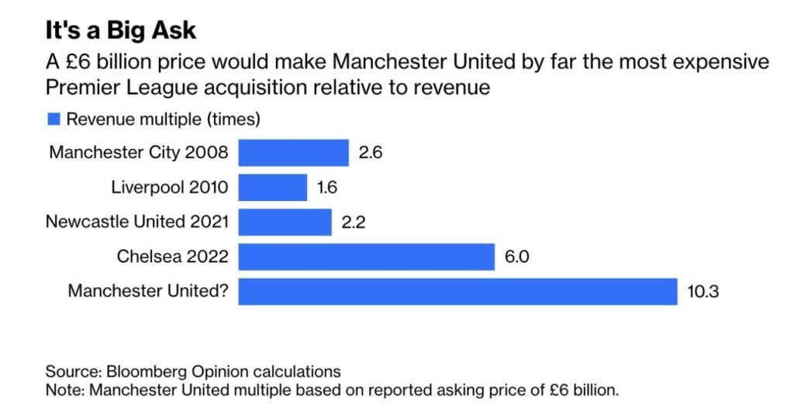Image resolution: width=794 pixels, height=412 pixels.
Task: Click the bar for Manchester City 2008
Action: click(293, 153)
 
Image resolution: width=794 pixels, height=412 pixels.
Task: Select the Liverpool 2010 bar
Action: click(272, 187)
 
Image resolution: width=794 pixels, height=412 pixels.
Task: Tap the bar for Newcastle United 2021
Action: click(285, 222)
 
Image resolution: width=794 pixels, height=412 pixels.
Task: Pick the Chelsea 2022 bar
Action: click(366, 257)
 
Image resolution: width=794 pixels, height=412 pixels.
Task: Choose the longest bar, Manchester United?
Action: click(457, 292)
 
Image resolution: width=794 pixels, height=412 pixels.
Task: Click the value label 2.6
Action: click(371, 153)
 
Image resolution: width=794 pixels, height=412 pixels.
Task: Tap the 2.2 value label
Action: click(353, 223)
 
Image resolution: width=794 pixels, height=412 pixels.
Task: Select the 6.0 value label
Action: click(516, 257)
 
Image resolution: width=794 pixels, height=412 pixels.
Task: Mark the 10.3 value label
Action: click(704, 292)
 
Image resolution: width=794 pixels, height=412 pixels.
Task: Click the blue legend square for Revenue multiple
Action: click(54, 119)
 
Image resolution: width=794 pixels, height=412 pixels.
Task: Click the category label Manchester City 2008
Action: click(139, 153)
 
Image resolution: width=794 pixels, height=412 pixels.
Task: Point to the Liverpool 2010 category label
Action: click(170, 187)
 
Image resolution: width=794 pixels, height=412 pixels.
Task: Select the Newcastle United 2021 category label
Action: click(137, 222)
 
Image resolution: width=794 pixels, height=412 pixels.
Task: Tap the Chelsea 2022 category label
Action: click(173, 257)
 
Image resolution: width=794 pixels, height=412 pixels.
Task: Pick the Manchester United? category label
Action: click(148, 292)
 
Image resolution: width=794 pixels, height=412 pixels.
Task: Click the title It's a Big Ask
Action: click(120, 30)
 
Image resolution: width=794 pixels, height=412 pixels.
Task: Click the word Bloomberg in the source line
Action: click(137, 371)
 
